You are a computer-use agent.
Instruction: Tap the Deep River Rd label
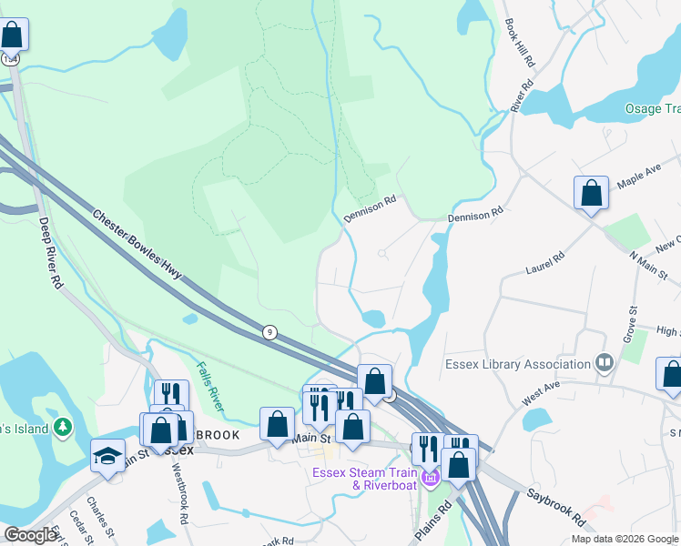click(x=51, y=255)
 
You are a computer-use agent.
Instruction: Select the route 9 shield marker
click(x=269, y=332)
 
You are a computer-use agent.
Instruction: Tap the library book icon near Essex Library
click(x=604, y=364)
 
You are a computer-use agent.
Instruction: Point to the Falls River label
click(x=210, y=385)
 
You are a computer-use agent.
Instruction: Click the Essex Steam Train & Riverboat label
click(x=364, y=478)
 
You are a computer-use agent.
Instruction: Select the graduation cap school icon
click(x=107, y=455)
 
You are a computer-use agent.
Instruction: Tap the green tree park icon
click(x=63, y=426)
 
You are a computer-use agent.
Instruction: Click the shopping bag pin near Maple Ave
click(x=591, y=193)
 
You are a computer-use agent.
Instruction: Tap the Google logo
click(x=30, y=535)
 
